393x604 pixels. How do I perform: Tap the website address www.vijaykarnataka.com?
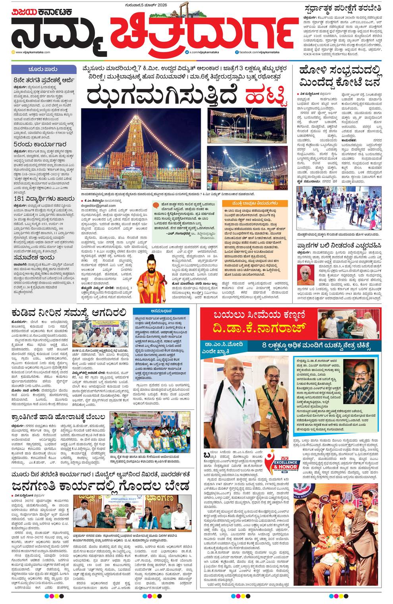(33, 52)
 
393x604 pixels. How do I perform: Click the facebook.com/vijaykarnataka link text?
(260, 52)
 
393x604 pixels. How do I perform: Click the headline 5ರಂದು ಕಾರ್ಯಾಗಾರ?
(40, 145)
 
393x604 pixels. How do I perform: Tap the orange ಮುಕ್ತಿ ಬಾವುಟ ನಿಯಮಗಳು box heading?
(255, 203)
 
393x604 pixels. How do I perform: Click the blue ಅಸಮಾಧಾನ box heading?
(164, 312)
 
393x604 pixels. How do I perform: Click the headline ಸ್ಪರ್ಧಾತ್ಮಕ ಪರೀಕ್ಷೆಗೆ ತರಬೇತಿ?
(343, 8)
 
